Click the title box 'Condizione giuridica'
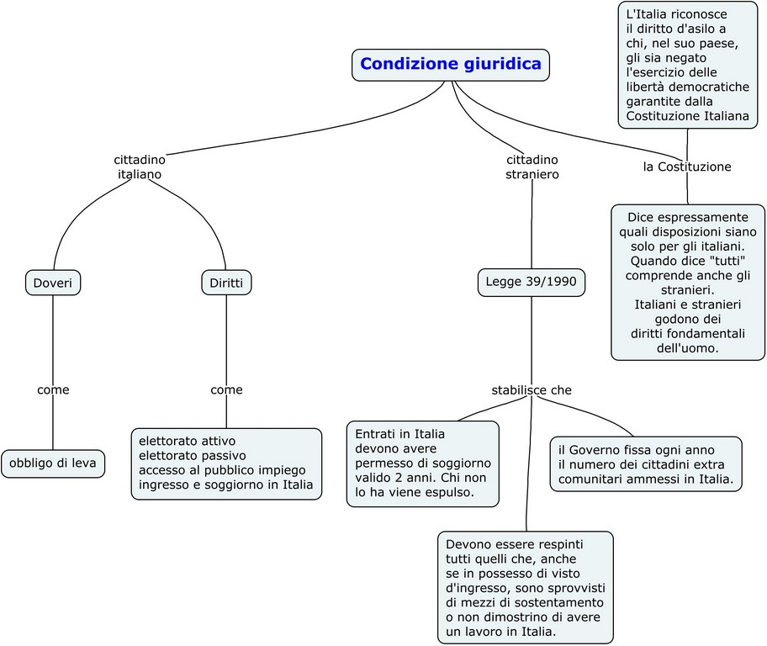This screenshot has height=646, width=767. tap(450, 64)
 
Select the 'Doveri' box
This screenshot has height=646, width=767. tap(53, 283)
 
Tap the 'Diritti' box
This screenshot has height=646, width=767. tap(226, 283)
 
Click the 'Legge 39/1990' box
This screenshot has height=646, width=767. tap(531, 282)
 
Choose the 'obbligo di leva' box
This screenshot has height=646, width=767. tap(53, 463)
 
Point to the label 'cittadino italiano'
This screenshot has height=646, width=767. tap(140, 167)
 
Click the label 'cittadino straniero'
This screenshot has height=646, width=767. tap(532, 167)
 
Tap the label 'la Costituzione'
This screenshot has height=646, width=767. tap(687, 167)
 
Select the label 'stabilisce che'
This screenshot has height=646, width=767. tap(532, 390)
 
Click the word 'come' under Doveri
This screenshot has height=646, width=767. tap(53, 389)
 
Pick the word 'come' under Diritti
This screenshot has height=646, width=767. tap(226, 389)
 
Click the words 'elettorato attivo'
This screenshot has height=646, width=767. tap(187, 441)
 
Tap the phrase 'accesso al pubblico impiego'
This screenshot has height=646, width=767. tap(222, 469)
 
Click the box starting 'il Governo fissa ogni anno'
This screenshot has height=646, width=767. tap(646, 463)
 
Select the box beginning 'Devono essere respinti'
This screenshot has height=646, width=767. tap(525, 587)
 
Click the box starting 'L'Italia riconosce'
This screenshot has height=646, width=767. tap(687, 65)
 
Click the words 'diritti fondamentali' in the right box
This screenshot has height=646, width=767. tap(687, 332)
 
